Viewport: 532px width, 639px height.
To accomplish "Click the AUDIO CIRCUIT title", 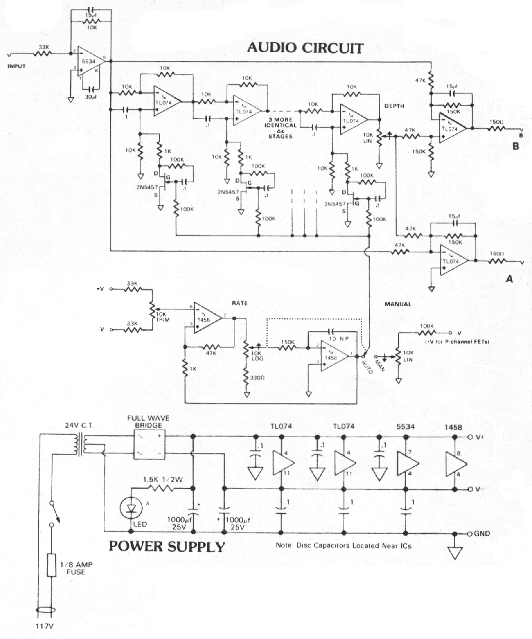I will coord(305,48).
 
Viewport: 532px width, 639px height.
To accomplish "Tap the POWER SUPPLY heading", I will coord(167,546).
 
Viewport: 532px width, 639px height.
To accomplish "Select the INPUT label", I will coord(17,67).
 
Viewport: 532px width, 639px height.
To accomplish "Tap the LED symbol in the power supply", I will coord(131,508).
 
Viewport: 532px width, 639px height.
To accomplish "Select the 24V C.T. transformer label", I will coord(79,425).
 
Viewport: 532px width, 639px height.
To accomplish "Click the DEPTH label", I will coord(394,106).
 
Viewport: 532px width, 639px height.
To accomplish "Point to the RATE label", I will coord(240,303).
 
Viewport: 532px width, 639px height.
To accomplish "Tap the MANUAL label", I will coord(398,304).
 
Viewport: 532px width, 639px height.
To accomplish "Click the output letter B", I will coord(515,146).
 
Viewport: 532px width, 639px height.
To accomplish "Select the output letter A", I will coord(509,279).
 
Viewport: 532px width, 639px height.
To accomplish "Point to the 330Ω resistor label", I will coord(257,378).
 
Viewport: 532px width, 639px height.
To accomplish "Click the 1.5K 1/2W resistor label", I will coord(163,479).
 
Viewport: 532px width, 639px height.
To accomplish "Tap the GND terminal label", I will coord(482,534).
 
